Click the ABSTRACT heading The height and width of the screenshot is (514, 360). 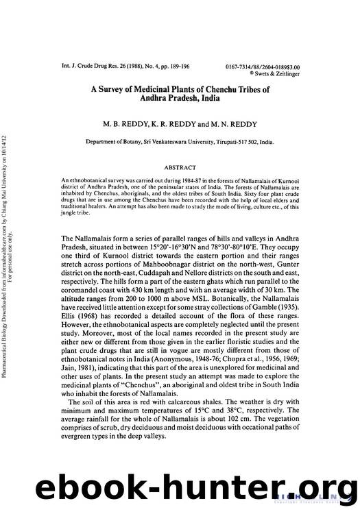(x=180, y=167)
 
